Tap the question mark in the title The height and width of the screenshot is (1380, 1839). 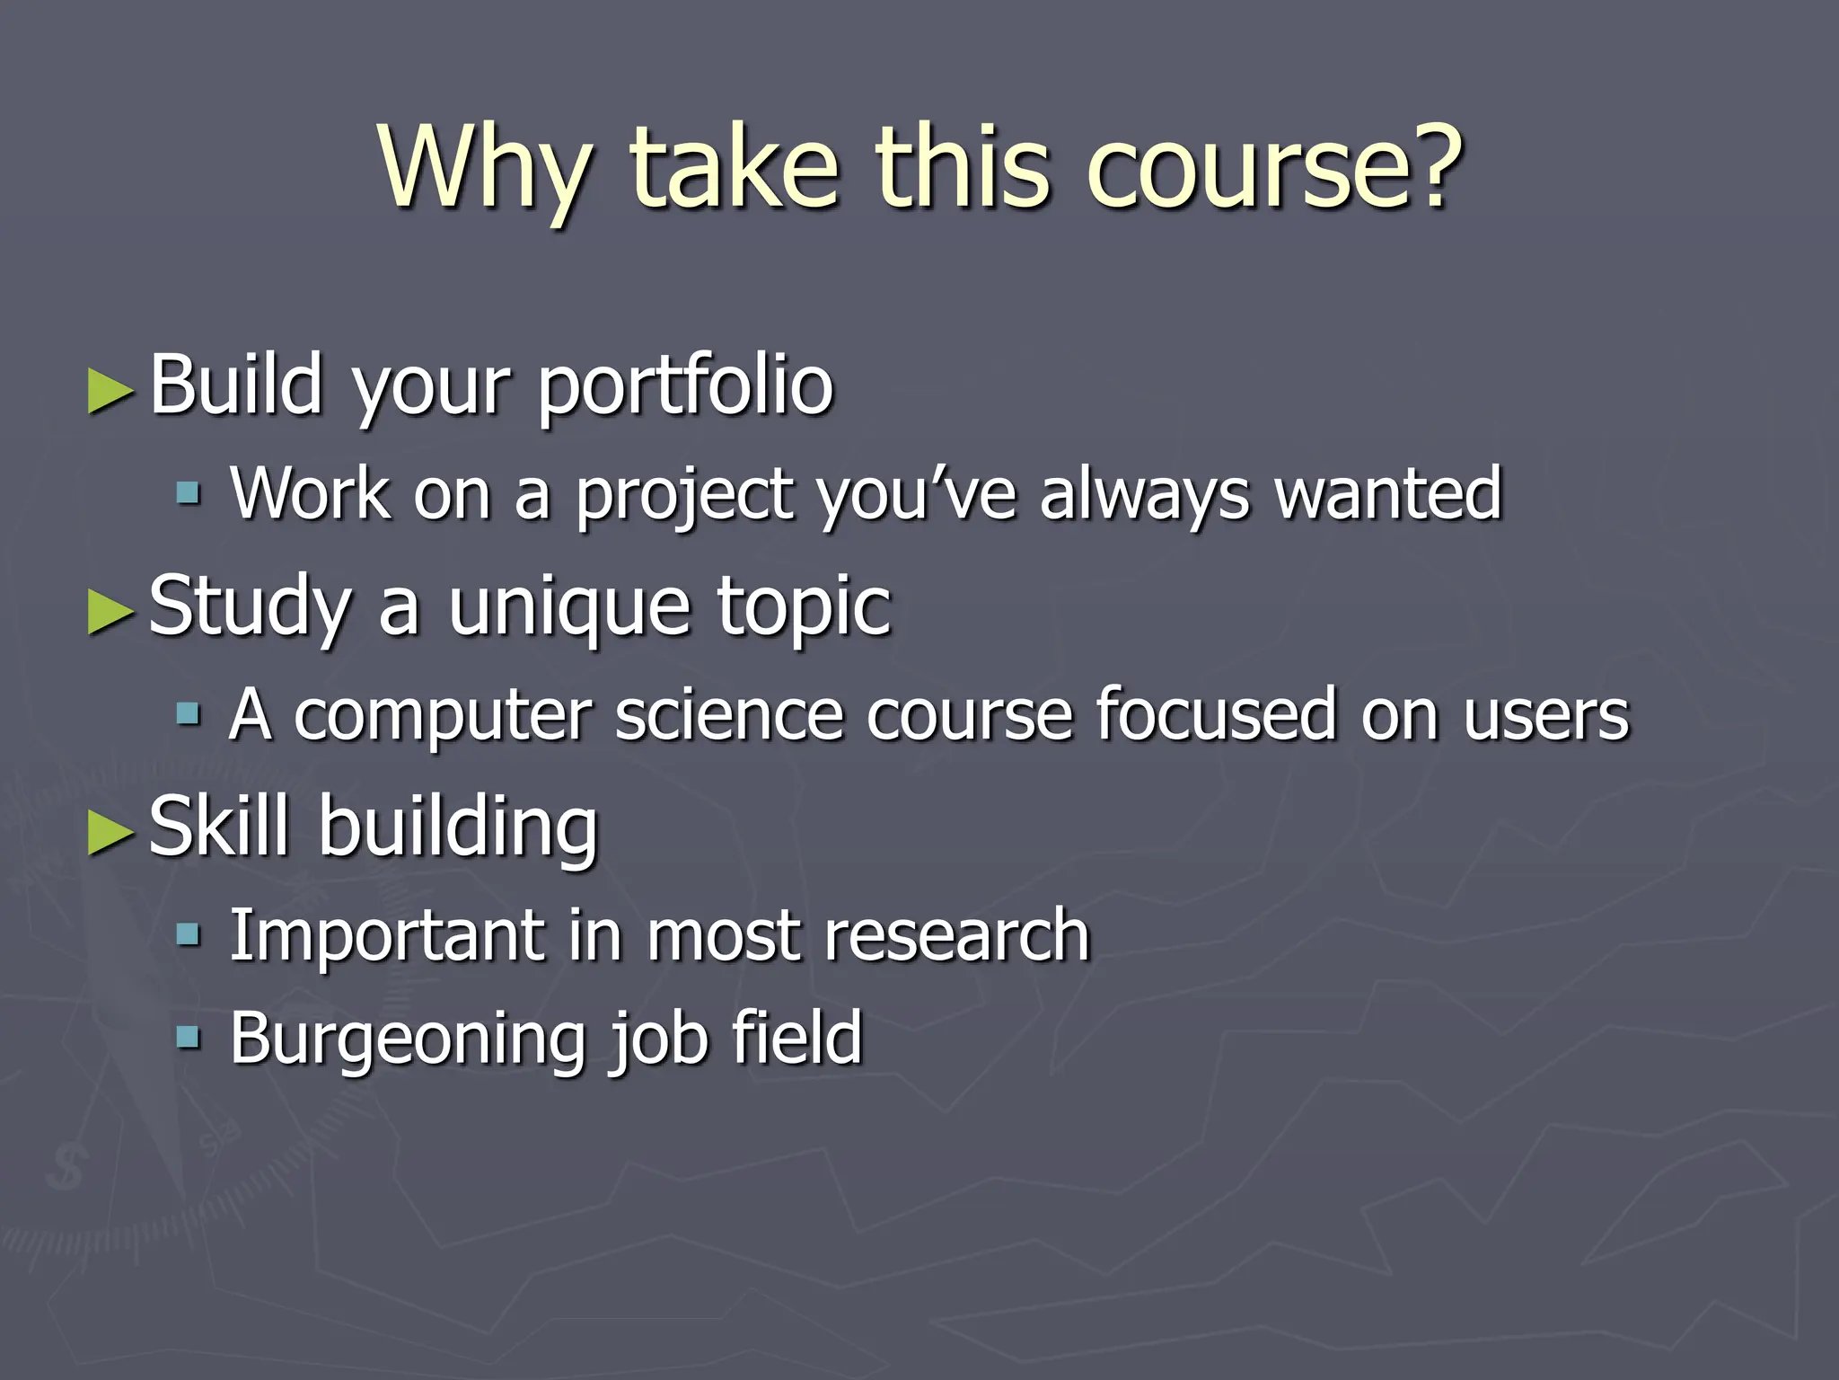1430,164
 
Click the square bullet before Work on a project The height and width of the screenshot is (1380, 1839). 188,492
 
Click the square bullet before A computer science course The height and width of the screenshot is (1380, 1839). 188,714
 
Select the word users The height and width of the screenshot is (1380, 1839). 1545,717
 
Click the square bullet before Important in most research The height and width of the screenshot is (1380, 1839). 188,935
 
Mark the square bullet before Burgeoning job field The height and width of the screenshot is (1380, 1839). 188,1039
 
